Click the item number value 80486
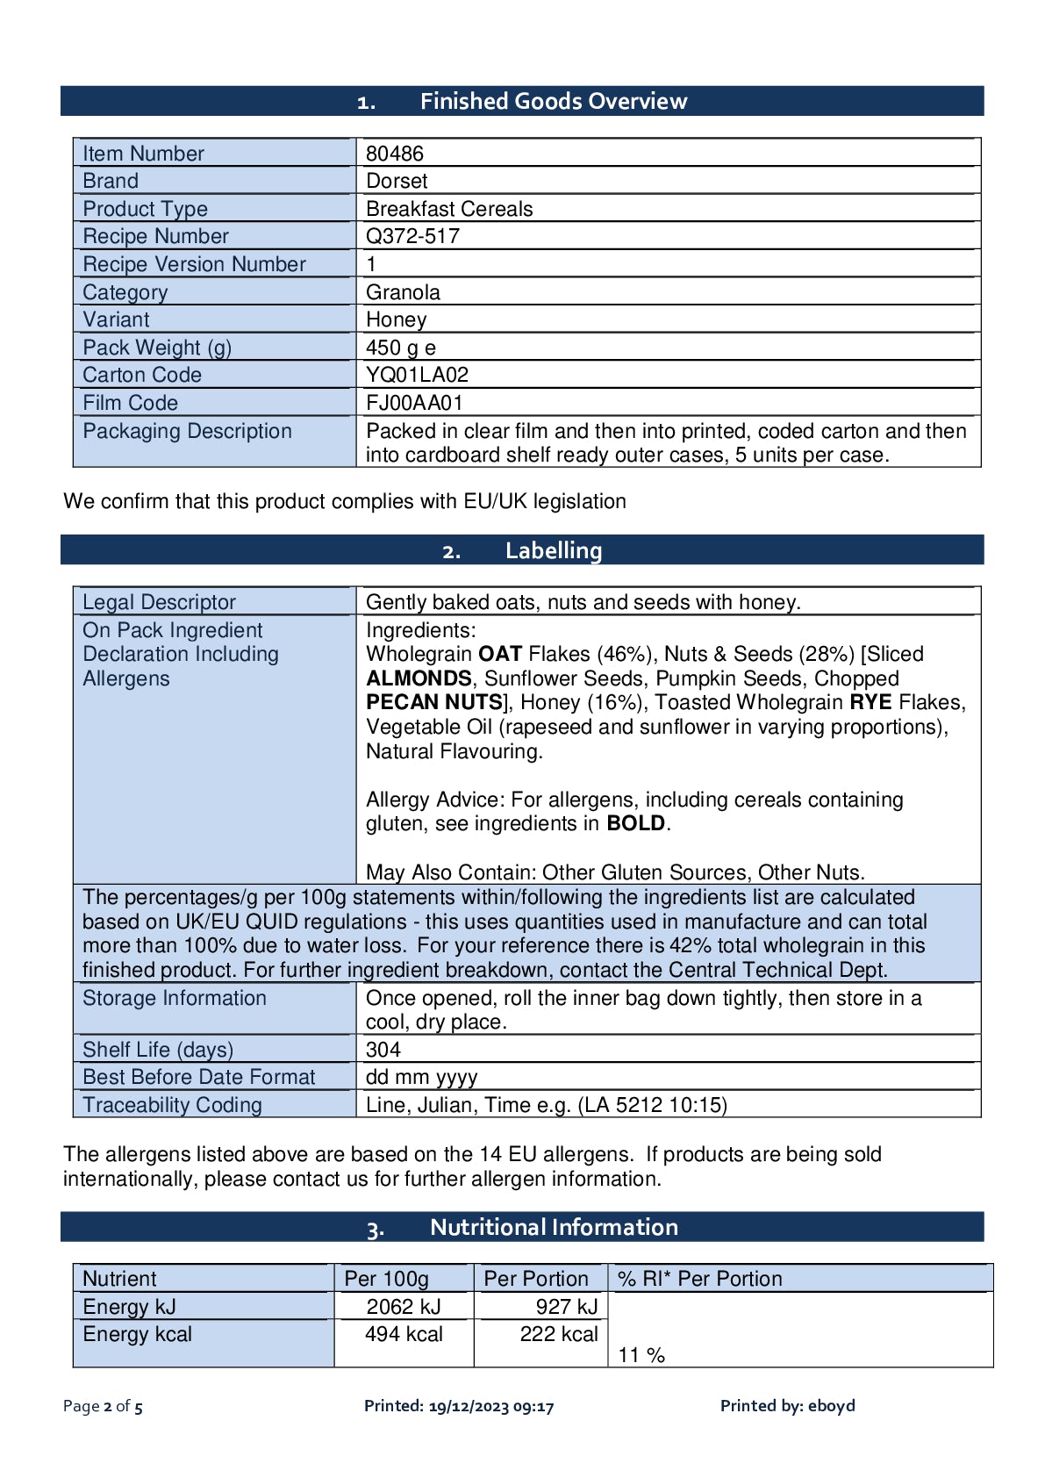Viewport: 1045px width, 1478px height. tap(394, 154)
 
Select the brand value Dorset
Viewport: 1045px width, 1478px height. tap(397, 181)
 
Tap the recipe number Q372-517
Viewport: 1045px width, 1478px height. tap(412, 236)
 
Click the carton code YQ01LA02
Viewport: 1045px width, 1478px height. tap(417, 375)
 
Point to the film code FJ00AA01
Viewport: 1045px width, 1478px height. tap(414, 403)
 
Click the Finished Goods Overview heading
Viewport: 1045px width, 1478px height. tap(553, 101)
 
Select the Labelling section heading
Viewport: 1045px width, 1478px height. tap(553, 550)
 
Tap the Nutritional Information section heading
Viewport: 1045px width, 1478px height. tap(553, 1227)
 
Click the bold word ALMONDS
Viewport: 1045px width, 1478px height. tap(419, 678)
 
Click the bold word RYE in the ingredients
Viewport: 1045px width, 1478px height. tap(870, 702)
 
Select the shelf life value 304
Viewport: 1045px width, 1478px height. tap(383, 1050)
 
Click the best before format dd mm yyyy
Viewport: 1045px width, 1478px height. tap(421, 1077)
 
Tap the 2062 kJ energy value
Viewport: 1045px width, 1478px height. tap(404, 1307)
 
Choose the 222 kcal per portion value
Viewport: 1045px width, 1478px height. tap(558, 1334)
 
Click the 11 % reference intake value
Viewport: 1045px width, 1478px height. tap(641, 1355)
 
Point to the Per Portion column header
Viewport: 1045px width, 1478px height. tap(536, 1279)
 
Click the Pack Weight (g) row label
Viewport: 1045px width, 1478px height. tap(157, 348)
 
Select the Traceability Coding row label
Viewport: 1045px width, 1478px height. tap(172, 1105)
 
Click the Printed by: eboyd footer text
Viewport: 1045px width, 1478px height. tap(787, 1406)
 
